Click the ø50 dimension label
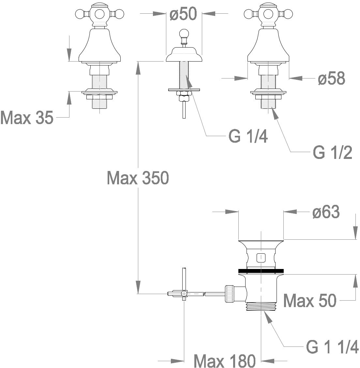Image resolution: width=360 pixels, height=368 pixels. pyautogui.click(x=183, y=14)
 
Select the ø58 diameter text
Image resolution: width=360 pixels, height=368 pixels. pyautogui.click(x=332, y=78)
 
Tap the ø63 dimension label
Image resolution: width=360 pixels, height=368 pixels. pyautogui.click(x=326, y=212)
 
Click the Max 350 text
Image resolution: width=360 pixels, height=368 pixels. pyautogui.click(x=138, y=178)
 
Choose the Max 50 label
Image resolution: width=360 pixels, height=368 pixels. pyautogui.click(x=310, y=300)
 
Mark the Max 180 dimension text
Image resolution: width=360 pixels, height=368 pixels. pyautogui.click(x=224, y=361)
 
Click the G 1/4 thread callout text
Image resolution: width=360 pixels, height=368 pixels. pyautogui.click(x=248, y=136)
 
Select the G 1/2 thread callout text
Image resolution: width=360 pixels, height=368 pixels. pyautogui.click(x=333, y=152)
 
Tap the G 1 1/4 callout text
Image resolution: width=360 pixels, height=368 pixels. pyautogui.click(x=332, y=347)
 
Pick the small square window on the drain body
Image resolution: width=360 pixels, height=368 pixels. pyautogui.click(x=261, y=258)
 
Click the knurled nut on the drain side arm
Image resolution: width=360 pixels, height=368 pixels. pyautogui.click(x=230, y=294)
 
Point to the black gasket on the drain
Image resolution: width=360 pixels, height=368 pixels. pyautogui.click(x=261, y=271)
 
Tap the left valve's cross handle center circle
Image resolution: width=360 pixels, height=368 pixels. pyautogui.click(x=99, y=14)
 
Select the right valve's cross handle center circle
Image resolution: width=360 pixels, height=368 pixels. pyautogui.click(x=268, y=14)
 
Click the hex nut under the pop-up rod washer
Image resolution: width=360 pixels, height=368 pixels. pyautogui.click(x=184, y=93)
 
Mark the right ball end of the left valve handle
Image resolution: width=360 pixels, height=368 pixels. pyautogui.click(x=119, y=14)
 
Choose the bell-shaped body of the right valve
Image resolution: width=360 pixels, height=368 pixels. pyautogui.click(x=268, y=45)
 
